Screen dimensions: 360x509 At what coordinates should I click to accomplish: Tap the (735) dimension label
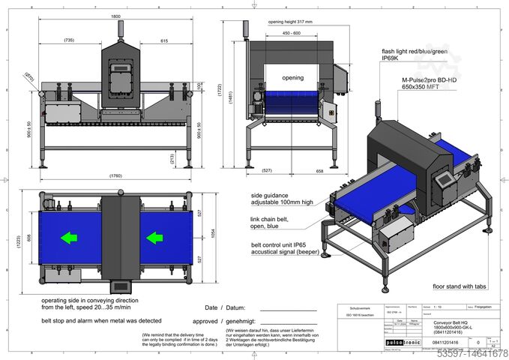click(x=68, y=40)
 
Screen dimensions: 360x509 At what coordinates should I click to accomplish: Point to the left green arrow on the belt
click(x=69, y=238)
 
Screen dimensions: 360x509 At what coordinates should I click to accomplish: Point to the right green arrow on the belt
click(x=154, y=238)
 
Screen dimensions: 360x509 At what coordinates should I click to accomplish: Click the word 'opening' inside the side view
click(x=292, y=78)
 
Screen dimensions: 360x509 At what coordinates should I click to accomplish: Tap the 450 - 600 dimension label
click(x=292, y=33)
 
